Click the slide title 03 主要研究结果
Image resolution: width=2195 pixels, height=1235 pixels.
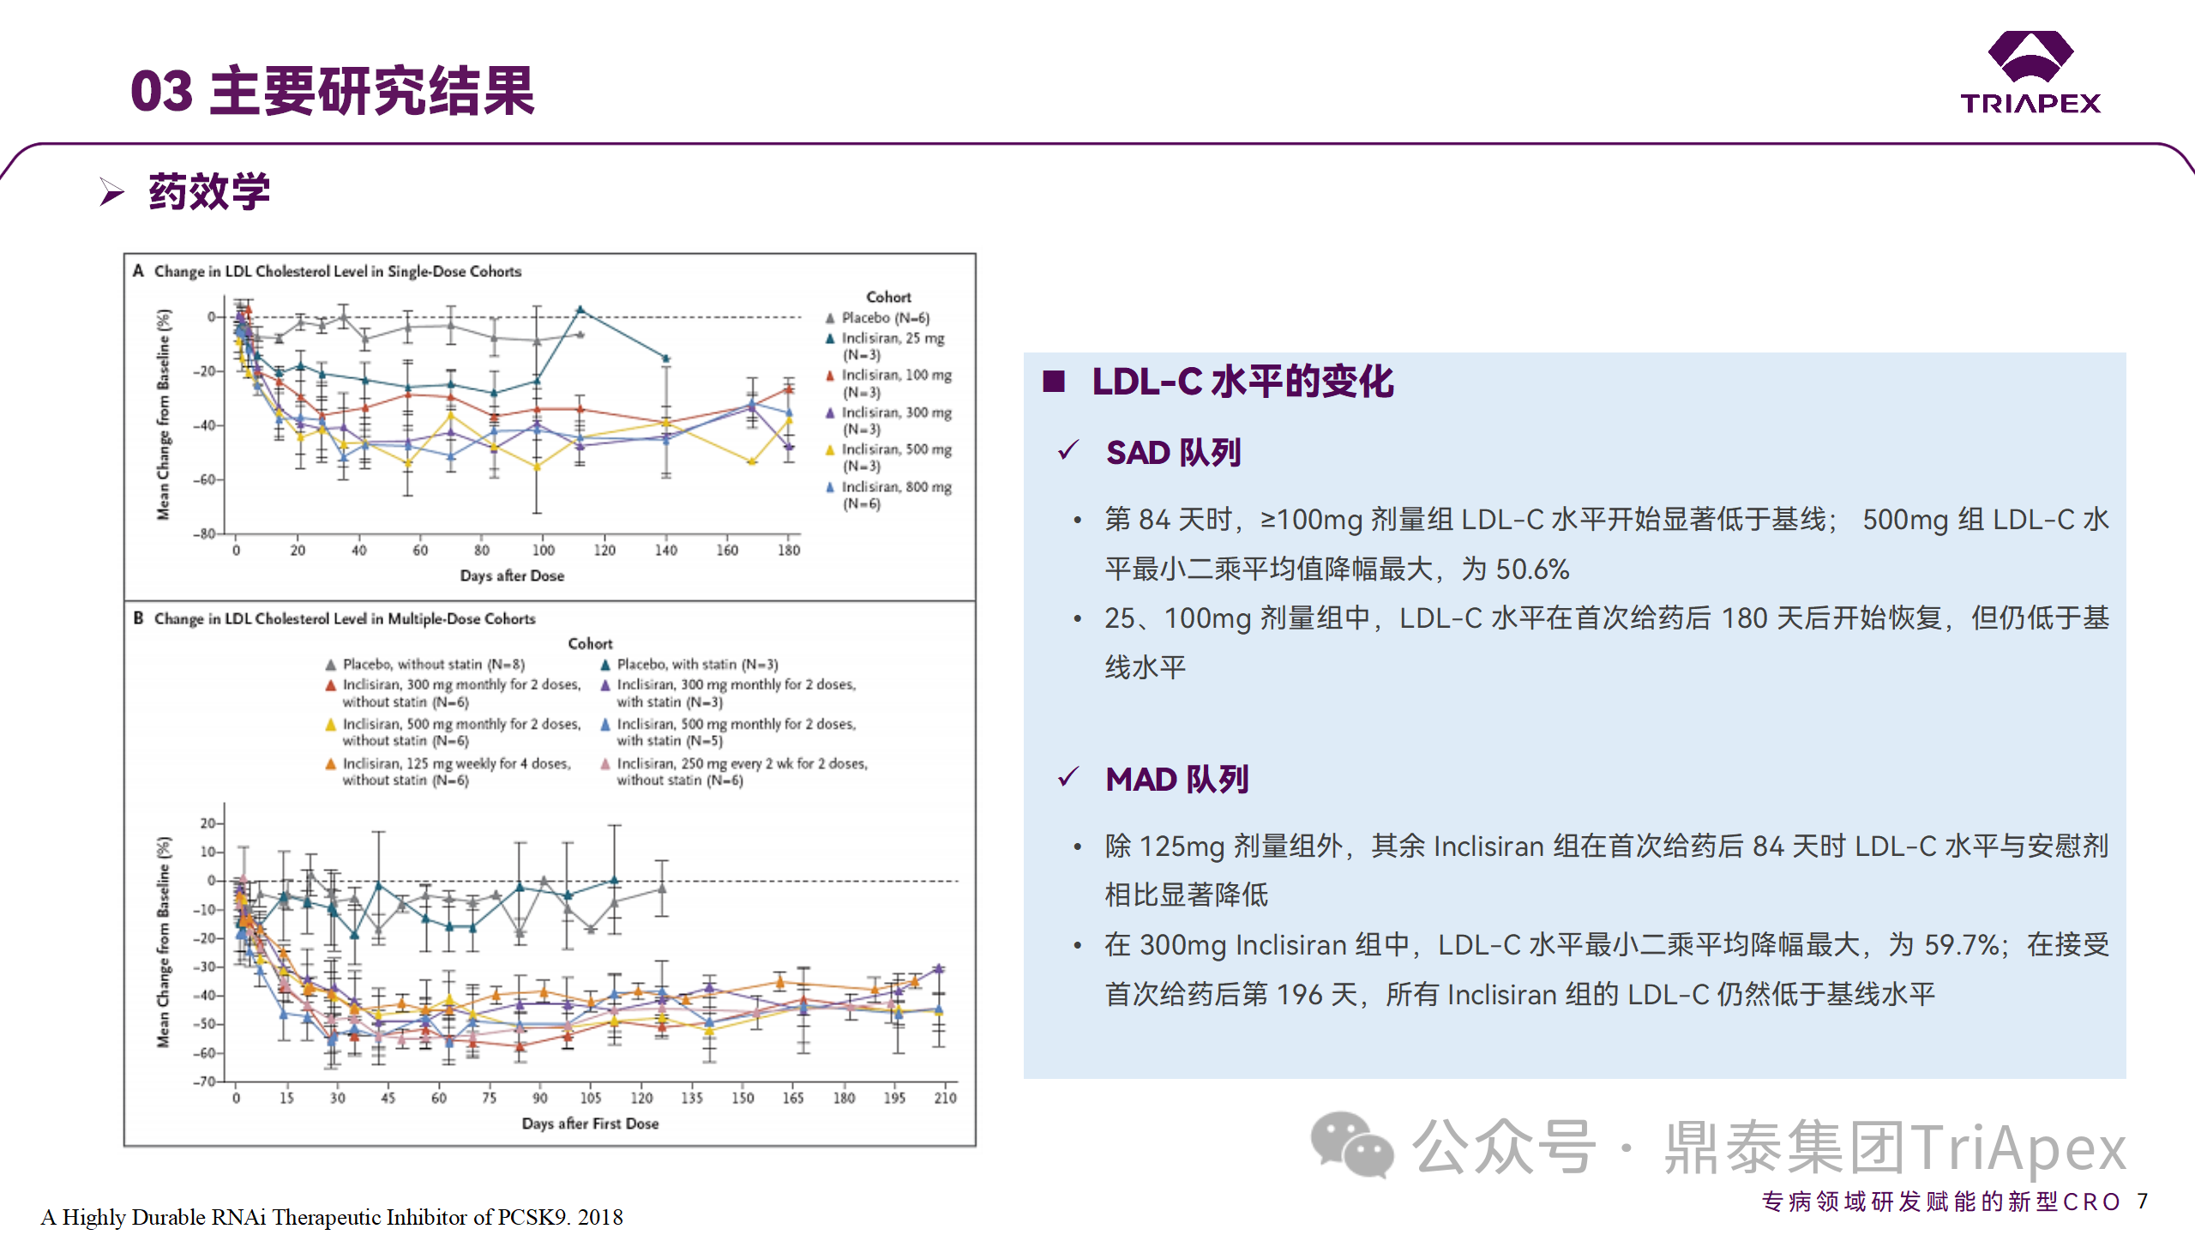[x=333, y=91]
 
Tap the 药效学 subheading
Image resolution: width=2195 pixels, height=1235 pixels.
[x=209, y=191]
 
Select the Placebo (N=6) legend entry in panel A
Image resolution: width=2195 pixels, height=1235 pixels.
[x=884, y=318]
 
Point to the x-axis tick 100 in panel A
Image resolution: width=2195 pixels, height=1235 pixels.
[x=544, y=551]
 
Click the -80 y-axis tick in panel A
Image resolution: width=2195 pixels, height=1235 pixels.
[x=204, y=533]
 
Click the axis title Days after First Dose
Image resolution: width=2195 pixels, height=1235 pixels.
[x=590, y=1124]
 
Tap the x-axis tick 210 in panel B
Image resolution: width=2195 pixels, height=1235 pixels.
[x=945, y=1098]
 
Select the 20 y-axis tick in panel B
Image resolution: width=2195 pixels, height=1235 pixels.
[x=207, y=823]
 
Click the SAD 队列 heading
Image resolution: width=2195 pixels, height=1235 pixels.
[x=1173, y=453]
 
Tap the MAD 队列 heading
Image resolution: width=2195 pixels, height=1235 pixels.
[x=1176, y=780]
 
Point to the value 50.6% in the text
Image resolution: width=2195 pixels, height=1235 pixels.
[x=1532, y=569]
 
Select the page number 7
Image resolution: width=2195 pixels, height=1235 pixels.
[x=2142, y=1201]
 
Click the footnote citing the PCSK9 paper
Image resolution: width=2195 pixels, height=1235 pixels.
[x=332, y=1217]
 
